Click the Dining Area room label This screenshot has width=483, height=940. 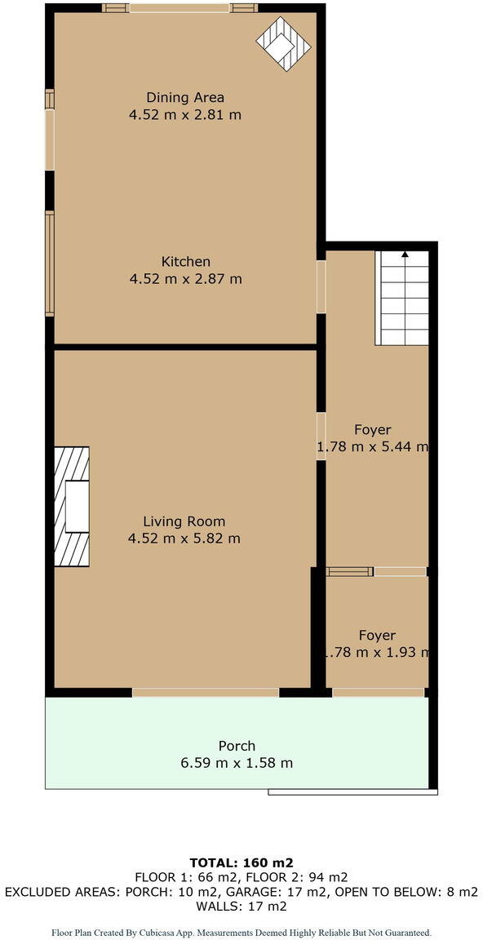[x=185, y=98]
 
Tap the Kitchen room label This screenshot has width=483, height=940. [x=186, y=262]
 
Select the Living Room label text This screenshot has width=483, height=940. [x=184, y=521]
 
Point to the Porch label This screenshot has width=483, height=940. [x=237, y=746]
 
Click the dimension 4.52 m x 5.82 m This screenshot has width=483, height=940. [x=184, y=539]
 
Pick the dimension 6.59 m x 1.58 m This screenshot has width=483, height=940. [x=237, y=764]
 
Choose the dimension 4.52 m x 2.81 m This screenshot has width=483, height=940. [x=185, y=115]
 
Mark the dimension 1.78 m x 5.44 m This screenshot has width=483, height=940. [x=373, y=447]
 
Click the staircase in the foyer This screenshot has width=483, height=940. [x=401, y=298]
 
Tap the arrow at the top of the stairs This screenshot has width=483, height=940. [x=405, y=255]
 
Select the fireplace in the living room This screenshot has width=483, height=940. [x=72, y=506]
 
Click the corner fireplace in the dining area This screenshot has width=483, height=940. [x=284, y=42]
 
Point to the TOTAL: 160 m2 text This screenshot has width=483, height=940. [x=241, y=862]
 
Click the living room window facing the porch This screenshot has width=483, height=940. [x=206, y=692]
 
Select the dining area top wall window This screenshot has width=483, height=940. [x=179, y=8]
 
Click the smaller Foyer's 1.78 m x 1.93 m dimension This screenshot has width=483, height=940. [x=374, y=653]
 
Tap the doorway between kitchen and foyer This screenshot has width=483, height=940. [x=321, y=286]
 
